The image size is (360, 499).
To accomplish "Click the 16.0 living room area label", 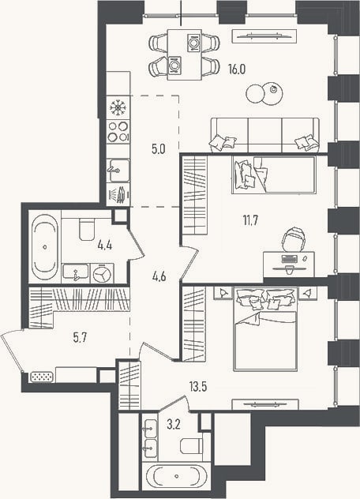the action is (237, 69).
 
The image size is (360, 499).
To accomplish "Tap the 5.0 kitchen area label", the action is (158, 149).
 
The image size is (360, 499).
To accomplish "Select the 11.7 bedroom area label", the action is (250, 220).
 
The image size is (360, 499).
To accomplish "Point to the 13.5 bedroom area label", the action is (198, 387).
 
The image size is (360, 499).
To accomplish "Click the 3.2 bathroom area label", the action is (174, 424).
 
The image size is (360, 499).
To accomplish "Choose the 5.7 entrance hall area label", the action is (80, 337).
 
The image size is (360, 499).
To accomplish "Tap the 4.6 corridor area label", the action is (159, 276).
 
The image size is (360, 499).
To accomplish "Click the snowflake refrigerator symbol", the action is (118, 107).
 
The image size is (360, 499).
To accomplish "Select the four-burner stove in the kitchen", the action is (118, 131).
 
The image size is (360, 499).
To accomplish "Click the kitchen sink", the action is (118, 171).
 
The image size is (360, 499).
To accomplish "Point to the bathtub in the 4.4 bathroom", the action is (44, 246).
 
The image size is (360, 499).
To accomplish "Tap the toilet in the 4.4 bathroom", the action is (87, 230).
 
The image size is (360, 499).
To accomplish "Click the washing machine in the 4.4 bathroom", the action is (102, 273).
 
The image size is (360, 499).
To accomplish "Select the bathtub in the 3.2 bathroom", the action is (176, 476).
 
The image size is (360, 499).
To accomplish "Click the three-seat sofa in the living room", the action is (264, 134).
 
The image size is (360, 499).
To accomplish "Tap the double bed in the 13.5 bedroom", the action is (265, 329).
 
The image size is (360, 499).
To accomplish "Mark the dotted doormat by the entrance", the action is (42, 377).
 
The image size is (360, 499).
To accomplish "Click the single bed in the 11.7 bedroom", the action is (274, 174).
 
